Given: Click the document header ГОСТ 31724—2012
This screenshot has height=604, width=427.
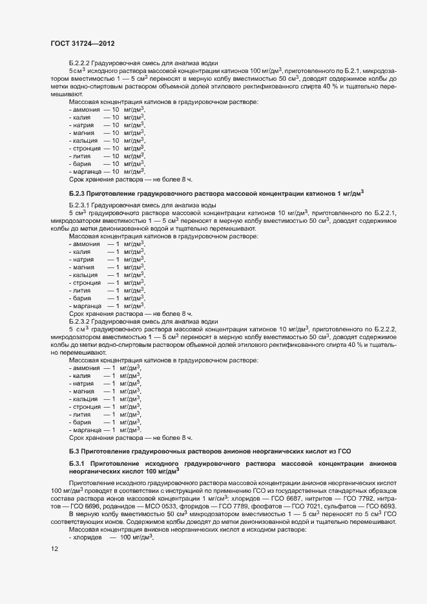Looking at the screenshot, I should [83, 44].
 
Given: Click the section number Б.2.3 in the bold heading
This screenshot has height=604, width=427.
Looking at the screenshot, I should [78, 193].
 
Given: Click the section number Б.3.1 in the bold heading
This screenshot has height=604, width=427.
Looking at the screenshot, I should [78, 464].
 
